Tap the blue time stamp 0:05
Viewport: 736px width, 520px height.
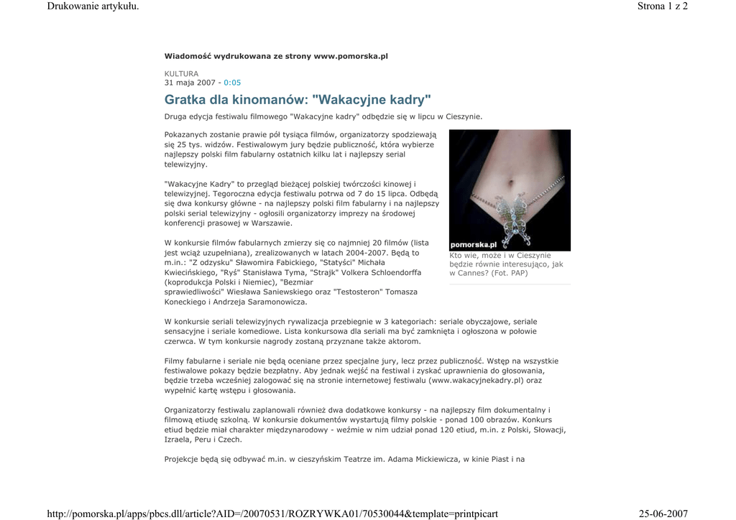point(232,83)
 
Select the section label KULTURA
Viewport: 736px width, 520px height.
point(181,73)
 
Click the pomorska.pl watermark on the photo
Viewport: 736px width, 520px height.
point(474,244)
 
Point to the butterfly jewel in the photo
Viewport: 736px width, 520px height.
point(511,213)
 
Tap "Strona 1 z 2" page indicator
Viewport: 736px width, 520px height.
point(662,6)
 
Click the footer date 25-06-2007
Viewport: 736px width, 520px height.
point(663,514)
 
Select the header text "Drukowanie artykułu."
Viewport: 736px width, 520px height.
point(92,6)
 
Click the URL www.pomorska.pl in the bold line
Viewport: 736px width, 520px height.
point(351,56)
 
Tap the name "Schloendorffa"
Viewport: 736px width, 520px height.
point(394,273)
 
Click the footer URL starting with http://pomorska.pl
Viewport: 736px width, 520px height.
point(272,514)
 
